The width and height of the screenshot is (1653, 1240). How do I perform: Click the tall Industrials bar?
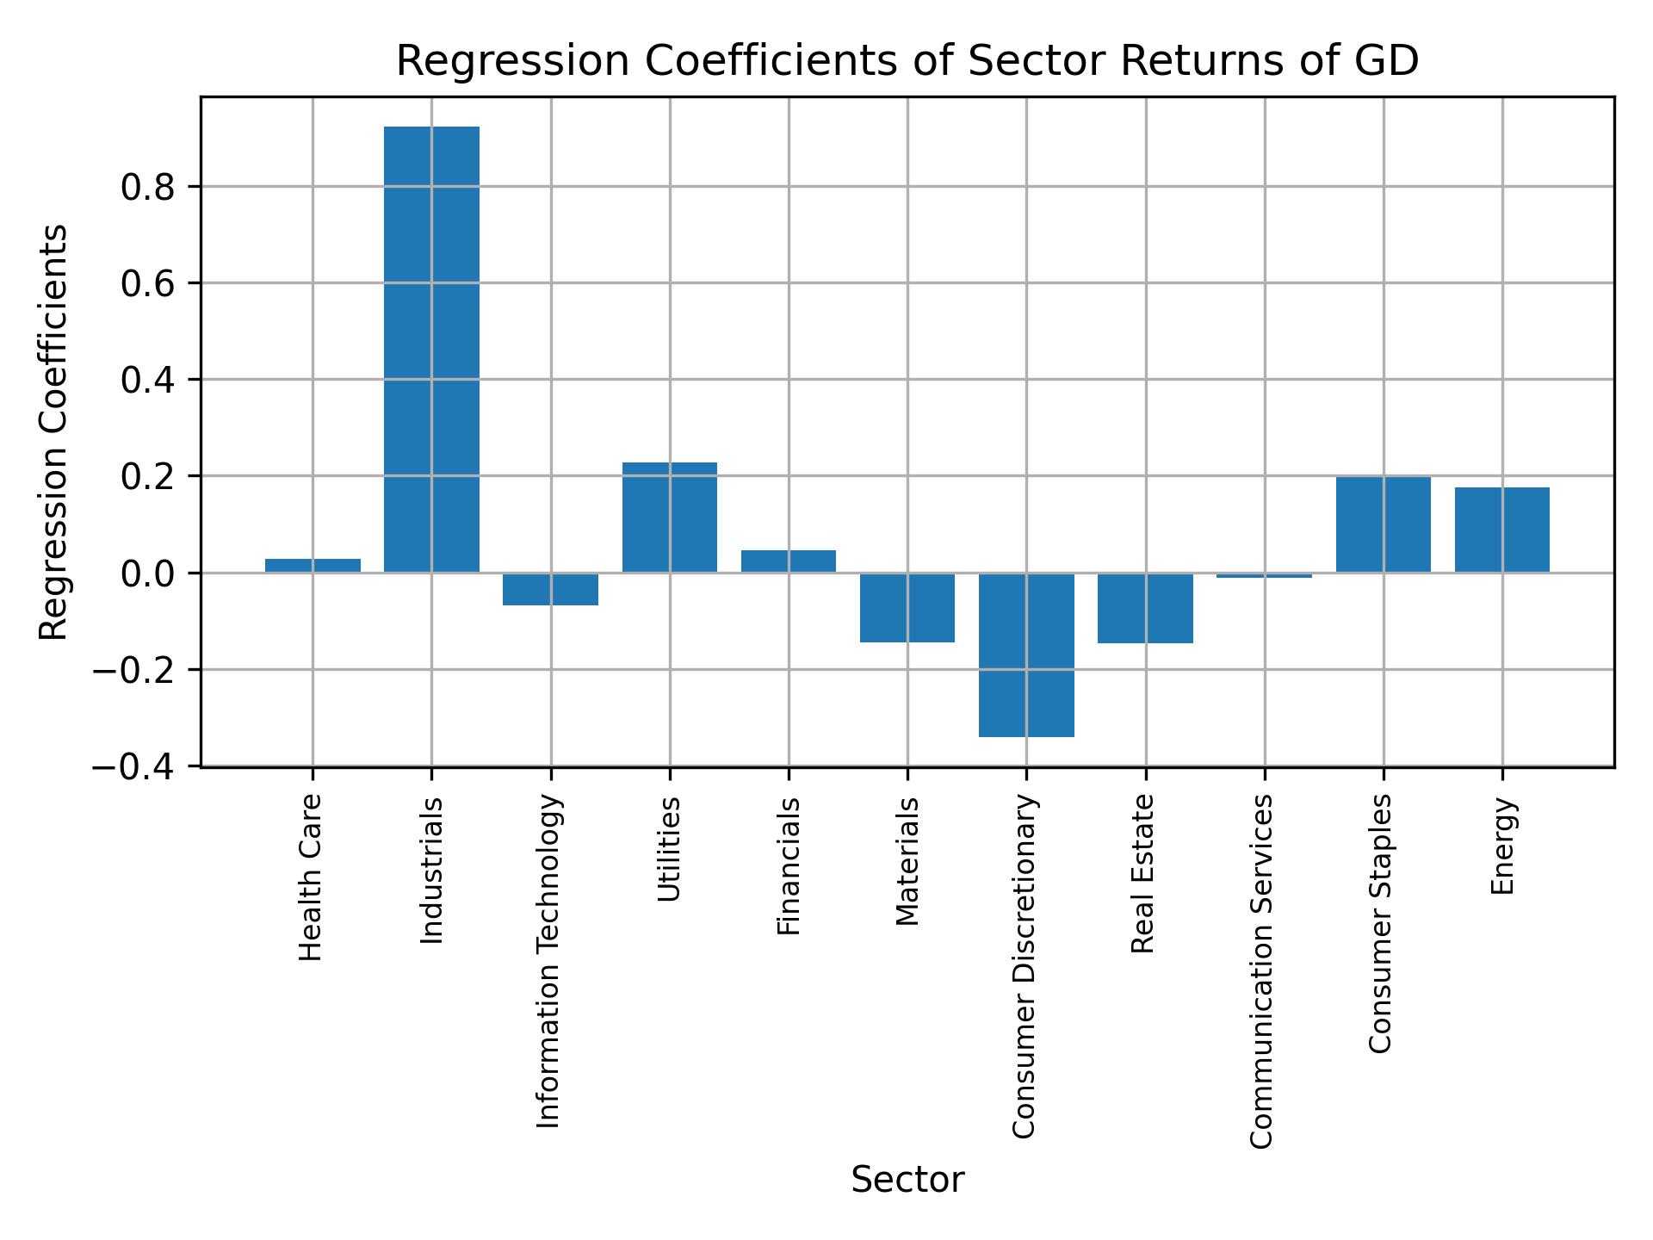[431, 349]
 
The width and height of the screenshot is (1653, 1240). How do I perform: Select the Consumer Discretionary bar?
[1026, 654]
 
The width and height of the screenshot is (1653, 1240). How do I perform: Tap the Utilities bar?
[670, 517]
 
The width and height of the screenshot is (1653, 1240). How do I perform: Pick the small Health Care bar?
[313, 566]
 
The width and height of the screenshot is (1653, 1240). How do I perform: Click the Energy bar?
[1502, 530]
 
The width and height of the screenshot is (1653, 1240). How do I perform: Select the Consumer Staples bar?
[1384, 524]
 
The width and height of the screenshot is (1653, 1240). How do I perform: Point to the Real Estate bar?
[1145, 608]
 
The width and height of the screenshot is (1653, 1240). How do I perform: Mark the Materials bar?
[907, 608]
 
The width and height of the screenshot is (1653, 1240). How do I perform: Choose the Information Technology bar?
[551, 589]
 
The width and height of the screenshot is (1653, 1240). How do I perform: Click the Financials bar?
[789, 561]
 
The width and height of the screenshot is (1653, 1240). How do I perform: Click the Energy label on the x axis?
[1502, 846]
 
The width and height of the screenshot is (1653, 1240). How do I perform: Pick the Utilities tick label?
[670, 849]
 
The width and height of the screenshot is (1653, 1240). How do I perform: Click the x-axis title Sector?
[907, 1180]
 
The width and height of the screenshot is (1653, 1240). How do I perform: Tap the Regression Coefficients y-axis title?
[54, 432]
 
